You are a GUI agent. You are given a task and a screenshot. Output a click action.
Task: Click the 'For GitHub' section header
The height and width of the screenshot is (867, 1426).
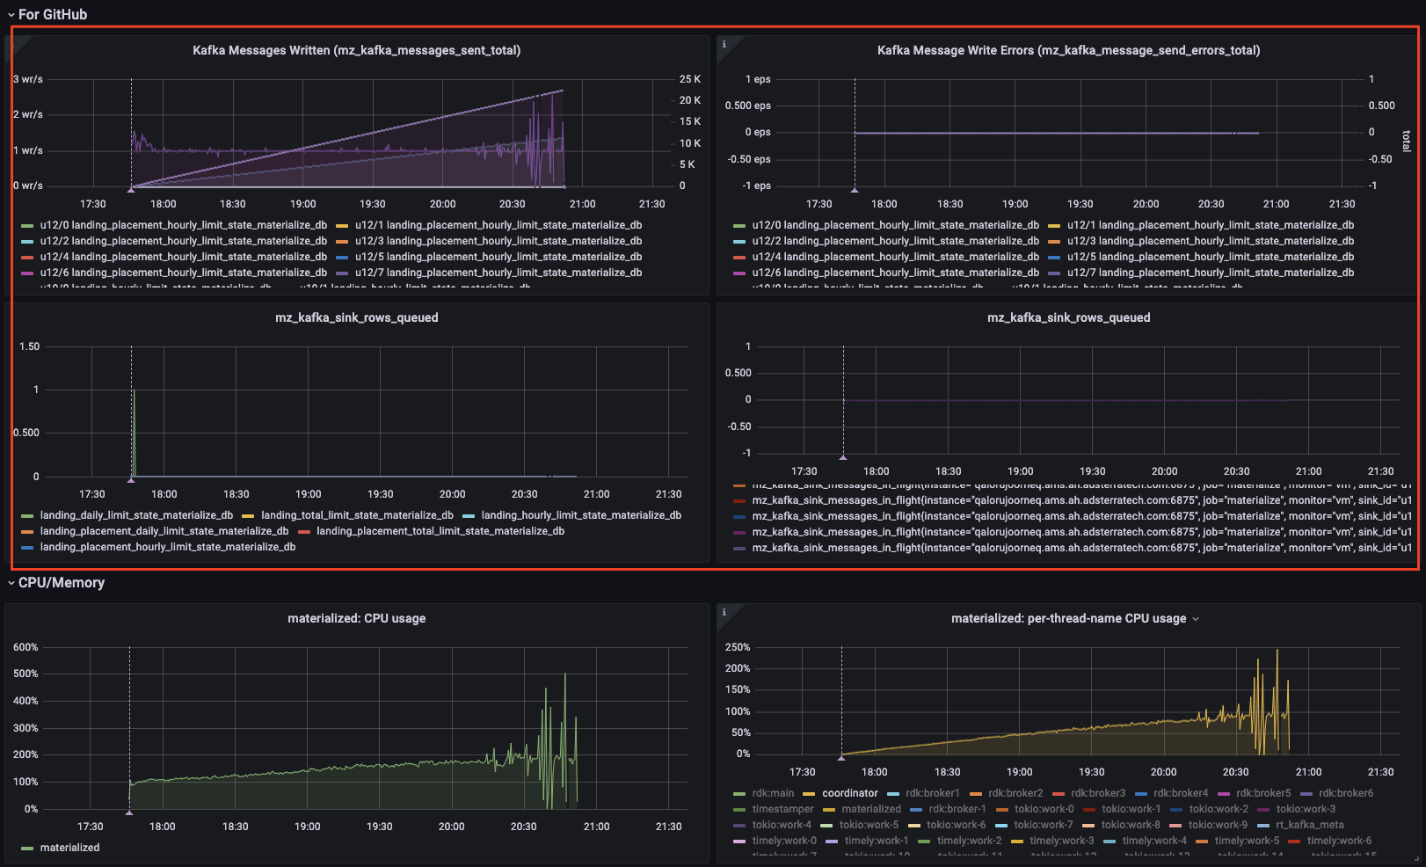tap(52, 14)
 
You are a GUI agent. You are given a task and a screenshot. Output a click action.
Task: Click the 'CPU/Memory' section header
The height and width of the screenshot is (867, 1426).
tap(61, 582)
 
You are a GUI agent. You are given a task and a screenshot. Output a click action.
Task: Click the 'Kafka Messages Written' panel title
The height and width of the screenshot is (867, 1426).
tap(356, 50)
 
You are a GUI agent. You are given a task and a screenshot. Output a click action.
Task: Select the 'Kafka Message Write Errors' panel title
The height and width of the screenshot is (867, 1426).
tap(1068, 50)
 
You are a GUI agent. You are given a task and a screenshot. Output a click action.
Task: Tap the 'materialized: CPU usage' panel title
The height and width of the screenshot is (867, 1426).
tap(356, 618)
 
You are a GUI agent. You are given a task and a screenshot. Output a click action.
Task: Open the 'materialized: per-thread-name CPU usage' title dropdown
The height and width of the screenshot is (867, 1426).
tap(1196, 619)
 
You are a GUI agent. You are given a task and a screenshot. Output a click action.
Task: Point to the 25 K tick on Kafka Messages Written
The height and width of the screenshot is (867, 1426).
tap(689, 79)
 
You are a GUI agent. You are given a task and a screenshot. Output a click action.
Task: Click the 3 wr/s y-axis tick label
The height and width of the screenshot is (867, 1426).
tap(28, 79)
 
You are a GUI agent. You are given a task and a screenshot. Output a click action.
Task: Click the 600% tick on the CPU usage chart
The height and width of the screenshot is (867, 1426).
tap(25, 647)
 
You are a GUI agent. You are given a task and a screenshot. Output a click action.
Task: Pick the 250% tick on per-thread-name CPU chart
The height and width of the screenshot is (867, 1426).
tap(738, 647)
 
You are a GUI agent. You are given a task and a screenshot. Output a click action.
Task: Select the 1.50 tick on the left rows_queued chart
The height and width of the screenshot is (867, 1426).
tap(29, 346)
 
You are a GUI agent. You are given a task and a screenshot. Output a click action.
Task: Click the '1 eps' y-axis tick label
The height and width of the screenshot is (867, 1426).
tap(758, 79)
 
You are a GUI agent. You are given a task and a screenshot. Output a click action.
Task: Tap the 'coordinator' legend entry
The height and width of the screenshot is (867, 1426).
tap(849, 793)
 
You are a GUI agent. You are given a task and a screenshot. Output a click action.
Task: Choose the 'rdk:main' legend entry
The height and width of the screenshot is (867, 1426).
tap(772, 793)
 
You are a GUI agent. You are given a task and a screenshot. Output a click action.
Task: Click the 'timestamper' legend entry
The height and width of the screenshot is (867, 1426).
tap(782, 809)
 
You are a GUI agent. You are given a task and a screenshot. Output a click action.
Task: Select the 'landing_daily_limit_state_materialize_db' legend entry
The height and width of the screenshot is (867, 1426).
tap(136, 515)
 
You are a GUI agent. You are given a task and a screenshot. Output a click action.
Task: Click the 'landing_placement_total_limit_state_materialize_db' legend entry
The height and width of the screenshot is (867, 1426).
tap(440, 531)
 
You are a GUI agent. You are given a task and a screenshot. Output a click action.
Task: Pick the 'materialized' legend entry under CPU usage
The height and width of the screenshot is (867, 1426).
tap(69, 848)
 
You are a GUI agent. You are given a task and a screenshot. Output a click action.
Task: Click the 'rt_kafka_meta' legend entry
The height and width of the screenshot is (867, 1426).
tap(1309, 825)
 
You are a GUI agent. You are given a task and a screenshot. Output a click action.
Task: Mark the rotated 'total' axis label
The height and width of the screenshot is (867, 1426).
tap(1406, 141)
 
